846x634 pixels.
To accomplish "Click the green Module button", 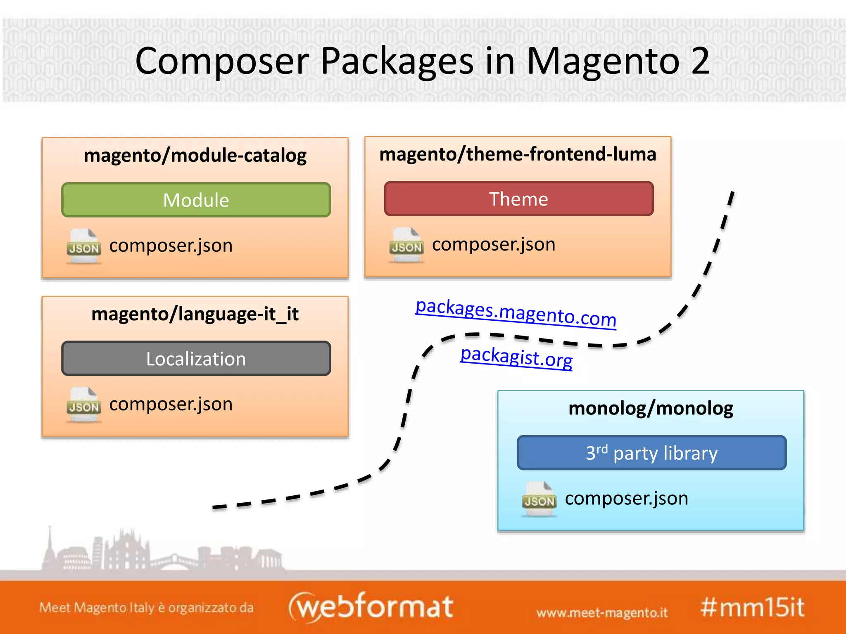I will (x=196, y=200).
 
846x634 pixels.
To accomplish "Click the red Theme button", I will (x=518, y=199).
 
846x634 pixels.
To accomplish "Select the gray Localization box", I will (x=196, y=359).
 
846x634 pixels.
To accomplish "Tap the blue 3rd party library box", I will (x=651, y=453).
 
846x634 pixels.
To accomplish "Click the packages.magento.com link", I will (x=516, y=313).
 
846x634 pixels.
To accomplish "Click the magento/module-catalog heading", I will (x=195, y=156).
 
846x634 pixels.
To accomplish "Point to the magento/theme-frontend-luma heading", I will (x=518, y=154).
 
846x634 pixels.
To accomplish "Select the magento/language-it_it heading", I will (x=195, y=314).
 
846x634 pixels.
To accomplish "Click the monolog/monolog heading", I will (x=651, y=408).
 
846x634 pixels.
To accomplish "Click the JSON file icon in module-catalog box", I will (x=84, y=246).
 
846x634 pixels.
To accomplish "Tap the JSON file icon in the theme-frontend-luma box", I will (x=406, y=245).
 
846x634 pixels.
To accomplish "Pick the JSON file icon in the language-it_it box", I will (x=84, y=405).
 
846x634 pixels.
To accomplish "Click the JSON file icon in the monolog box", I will (x=539, y=499).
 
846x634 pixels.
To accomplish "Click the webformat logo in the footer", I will (x=371, y=606).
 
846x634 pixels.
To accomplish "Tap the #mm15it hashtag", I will (x=752, y=607).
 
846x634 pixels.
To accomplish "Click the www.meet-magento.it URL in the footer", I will (x=602, y=613).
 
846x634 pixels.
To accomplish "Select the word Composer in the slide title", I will (x=222, y=61).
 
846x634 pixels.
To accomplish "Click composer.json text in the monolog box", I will (x=626, y=499).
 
